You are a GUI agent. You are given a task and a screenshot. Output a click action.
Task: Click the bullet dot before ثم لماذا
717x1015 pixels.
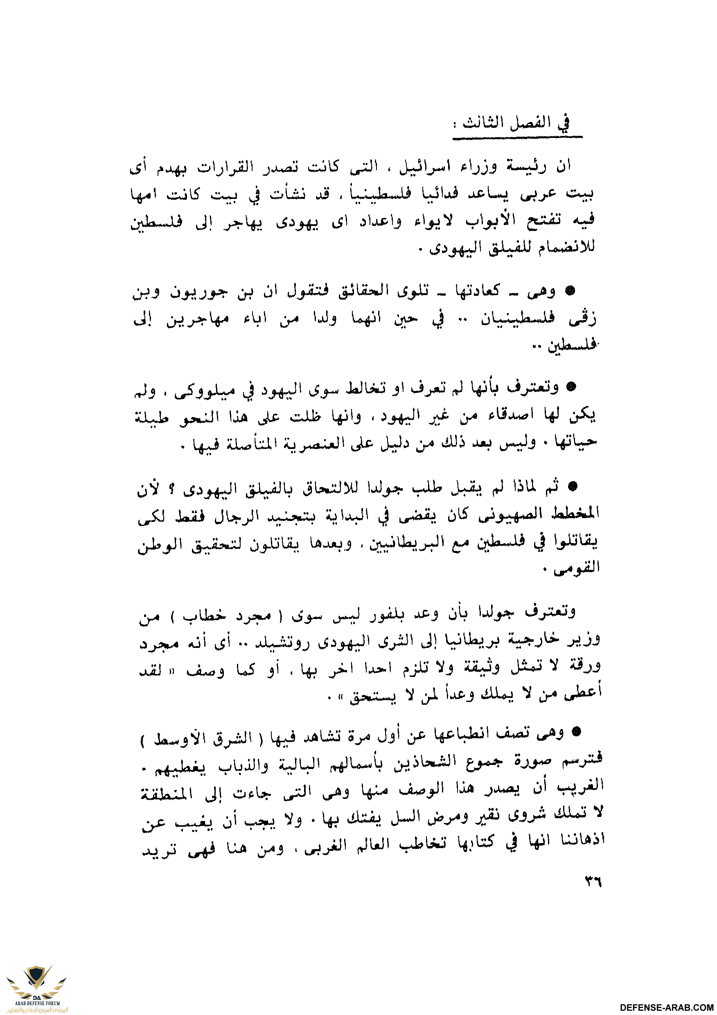[x=572, y=487]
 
